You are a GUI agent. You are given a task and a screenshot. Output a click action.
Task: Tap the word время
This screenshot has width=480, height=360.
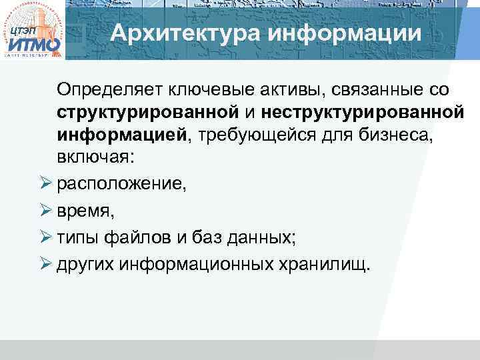click(x=85, y=212)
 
